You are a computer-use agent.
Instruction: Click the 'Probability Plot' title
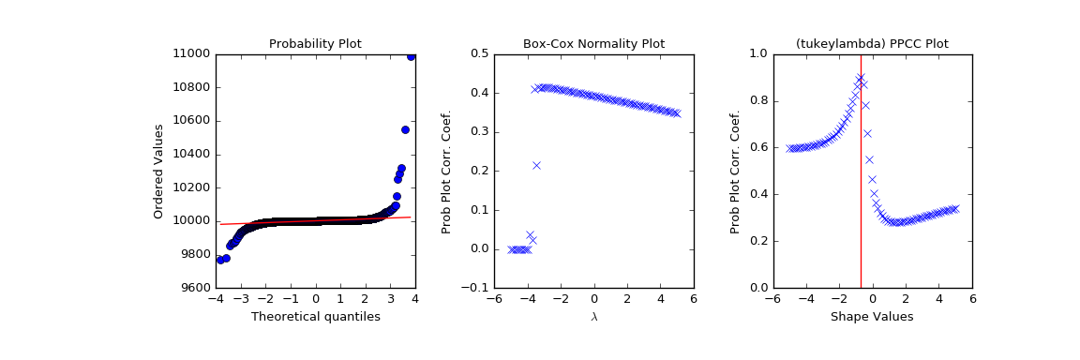point(315,44)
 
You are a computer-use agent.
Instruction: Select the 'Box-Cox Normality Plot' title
point(593,44)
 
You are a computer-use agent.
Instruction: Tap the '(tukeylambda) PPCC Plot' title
point(872,44)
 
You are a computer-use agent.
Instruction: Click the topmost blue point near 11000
point(411,55)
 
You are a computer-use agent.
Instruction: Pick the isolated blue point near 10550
point(405,129)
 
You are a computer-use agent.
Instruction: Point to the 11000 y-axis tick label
point(191,53)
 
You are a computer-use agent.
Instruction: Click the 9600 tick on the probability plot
point(193,288)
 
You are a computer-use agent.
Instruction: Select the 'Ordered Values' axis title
point(159,171)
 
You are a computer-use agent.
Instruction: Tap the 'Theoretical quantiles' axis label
point(315,317)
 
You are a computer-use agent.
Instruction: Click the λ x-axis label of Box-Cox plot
point(593,317)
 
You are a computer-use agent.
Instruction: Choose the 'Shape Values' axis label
point(872,317)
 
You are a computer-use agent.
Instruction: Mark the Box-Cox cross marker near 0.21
point(536,165)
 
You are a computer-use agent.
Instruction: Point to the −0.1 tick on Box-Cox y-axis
point(472,288)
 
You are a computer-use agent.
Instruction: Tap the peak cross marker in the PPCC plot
point(860,78)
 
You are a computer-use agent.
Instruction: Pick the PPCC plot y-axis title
point(735,171)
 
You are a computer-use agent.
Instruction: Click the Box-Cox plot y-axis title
point(446,171)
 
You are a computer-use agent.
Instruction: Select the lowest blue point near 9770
point(220,259)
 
